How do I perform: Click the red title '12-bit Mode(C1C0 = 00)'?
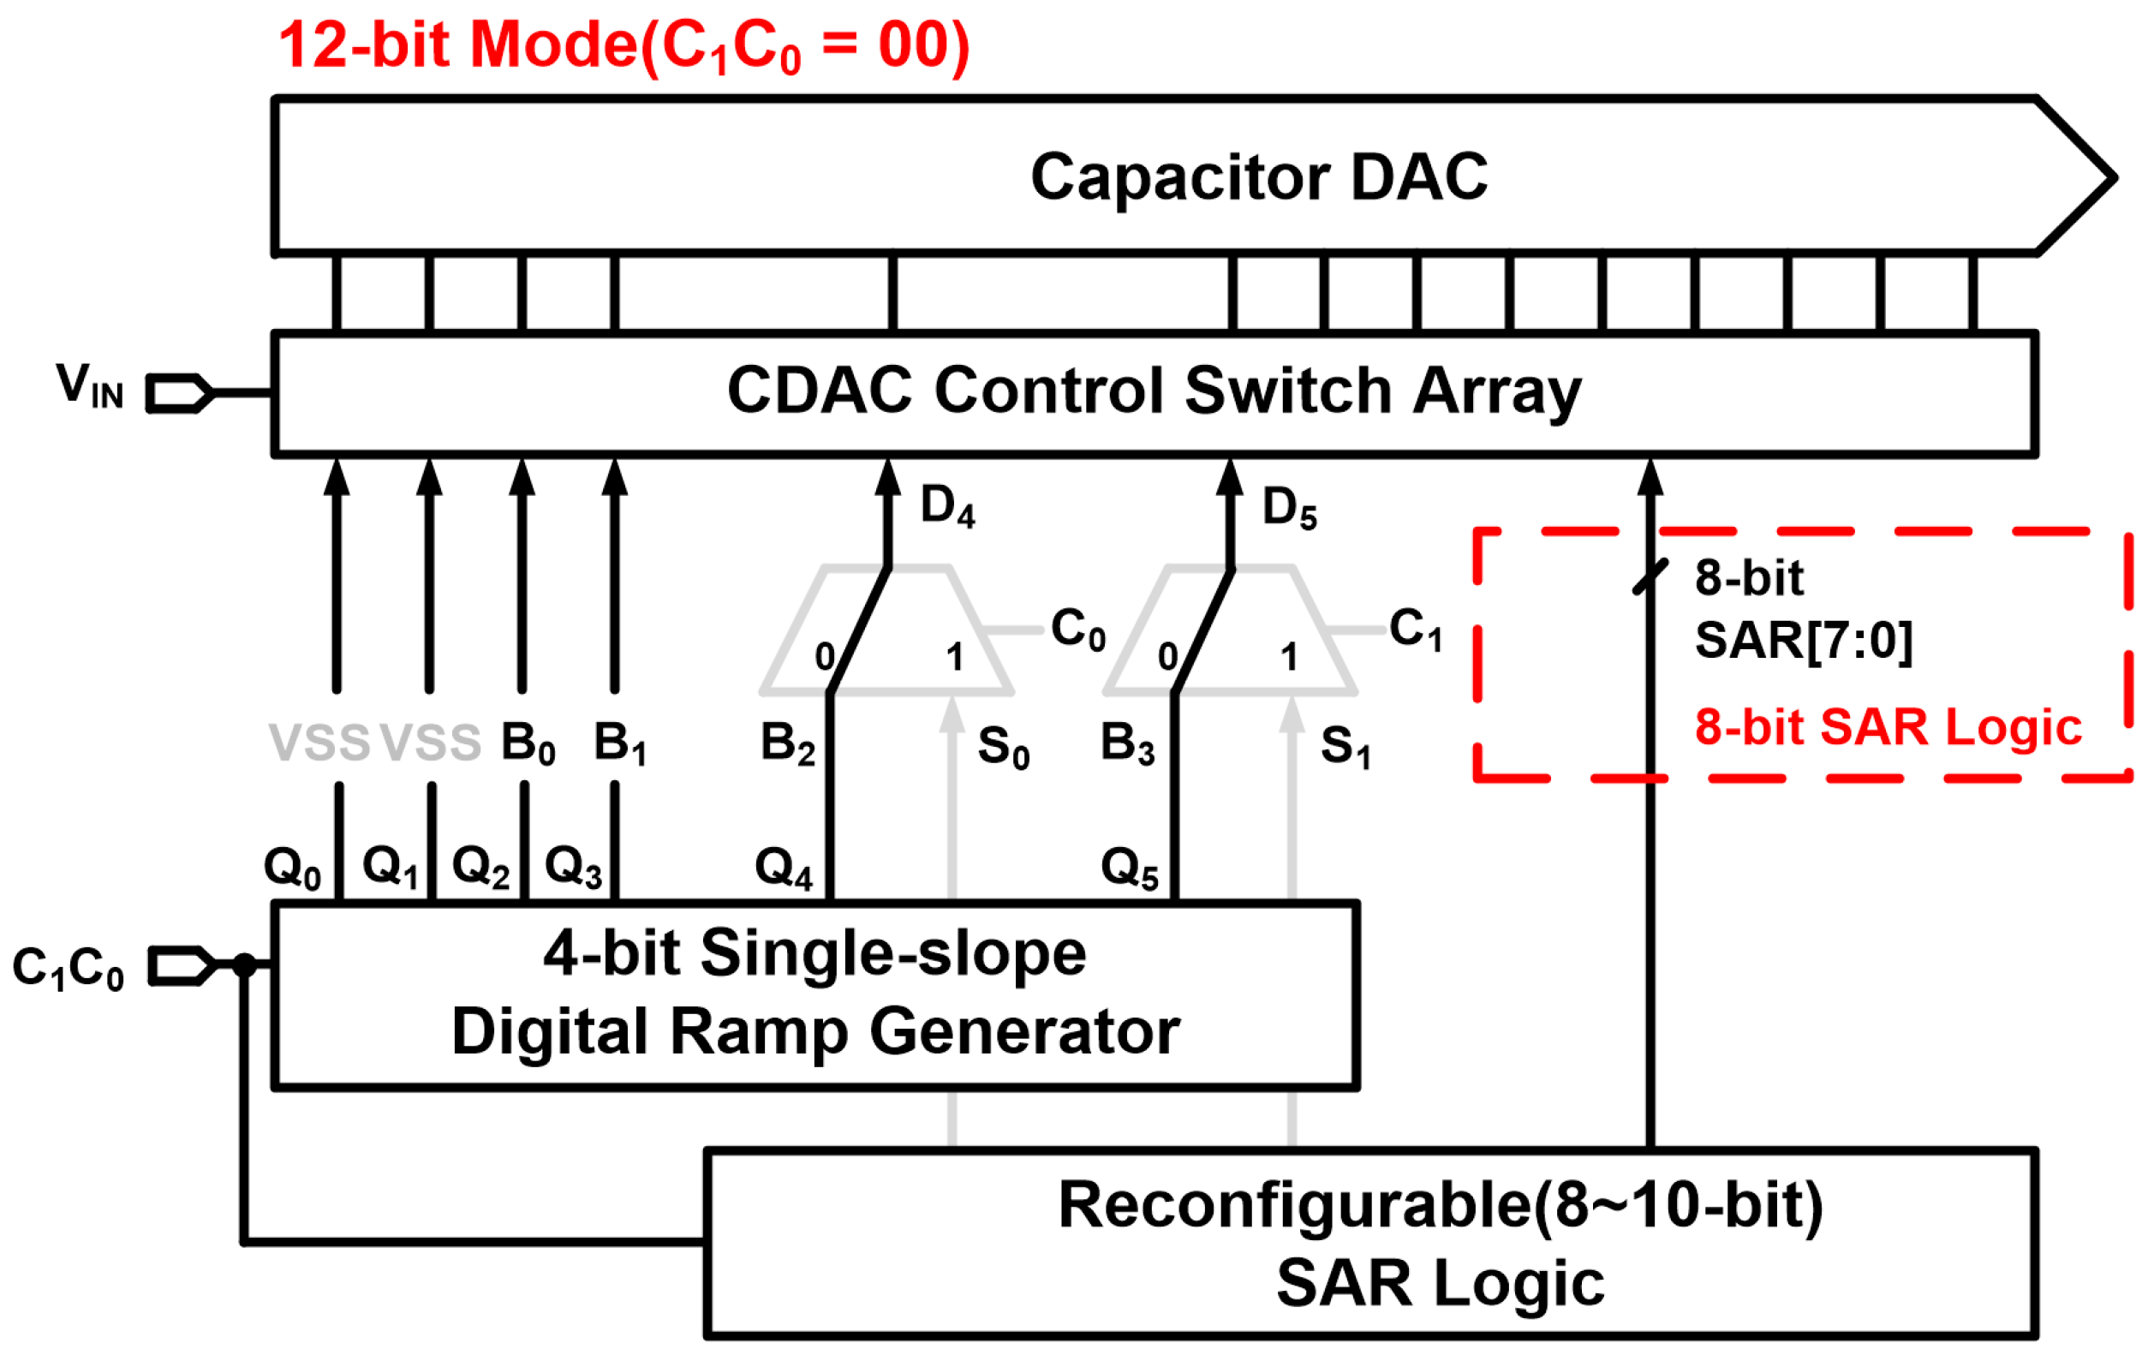(x=624, y=46)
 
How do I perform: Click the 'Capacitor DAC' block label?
(x=1259, y=177)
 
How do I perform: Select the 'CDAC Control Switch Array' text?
(x=1154, y=392)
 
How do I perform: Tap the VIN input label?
(x=88, y=386)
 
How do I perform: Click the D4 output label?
(x=947, y=506)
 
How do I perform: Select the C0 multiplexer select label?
(x=1078, y=629)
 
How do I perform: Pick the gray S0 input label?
(x=1003, y=746)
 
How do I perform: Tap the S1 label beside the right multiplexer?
(x=1345, y=746)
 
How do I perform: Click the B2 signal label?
(x=787, y=743)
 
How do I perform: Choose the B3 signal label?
(x=1127, y=743)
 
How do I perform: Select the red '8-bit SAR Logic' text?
(x=1888, y=726)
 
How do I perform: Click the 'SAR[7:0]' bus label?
(x=1804, y=641)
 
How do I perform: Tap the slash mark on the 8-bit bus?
(x=1650, y=577)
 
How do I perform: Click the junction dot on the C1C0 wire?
(x=244, y=965)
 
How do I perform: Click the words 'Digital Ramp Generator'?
(x=814, y=1032)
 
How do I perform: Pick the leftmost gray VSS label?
(x=319, y=743)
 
